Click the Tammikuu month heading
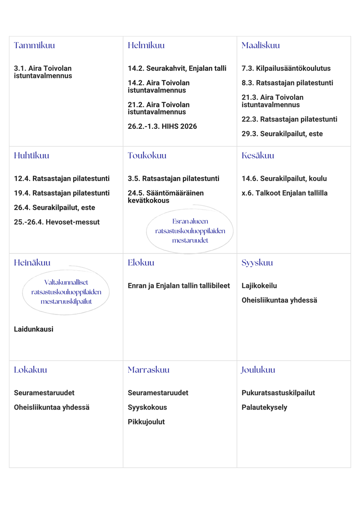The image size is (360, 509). coord(34,45)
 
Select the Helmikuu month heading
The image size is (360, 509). coord(146,45)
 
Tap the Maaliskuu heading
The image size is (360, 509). coord(261,45)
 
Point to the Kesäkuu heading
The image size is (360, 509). coord(258,156)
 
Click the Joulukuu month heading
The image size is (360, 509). coord(258,370)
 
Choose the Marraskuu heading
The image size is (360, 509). coord(148,370)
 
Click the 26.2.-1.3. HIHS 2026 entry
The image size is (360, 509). coord(162,126)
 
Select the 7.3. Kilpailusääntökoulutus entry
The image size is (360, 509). coord(286,68)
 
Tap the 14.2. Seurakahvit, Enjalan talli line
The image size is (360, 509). coord(177,68)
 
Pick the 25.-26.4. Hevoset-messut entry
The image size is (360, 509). coord(57,222)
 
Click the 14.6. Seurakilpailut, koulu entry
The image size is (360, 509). coord(284,179)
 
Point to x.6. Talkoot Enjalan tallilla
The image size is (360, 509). coord(284,193)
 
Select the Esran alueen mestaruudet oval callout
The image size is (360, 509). coord(190,231)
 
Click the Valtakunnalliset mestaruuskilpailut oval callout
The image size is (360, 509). coord(66,292)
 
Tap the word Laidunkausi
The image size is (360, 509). coord(33,329)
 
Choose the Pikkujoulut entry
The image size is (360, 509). coord(146,422)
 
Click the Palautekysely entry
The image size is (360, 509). coord(264,407)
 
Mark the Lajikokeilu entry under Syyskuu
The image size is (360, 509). coord(259,286)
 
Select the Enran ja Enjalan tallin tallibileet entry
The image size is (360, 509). coord(179,286)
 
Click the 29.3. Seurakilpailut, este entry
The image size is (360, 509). coord(282,134)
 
